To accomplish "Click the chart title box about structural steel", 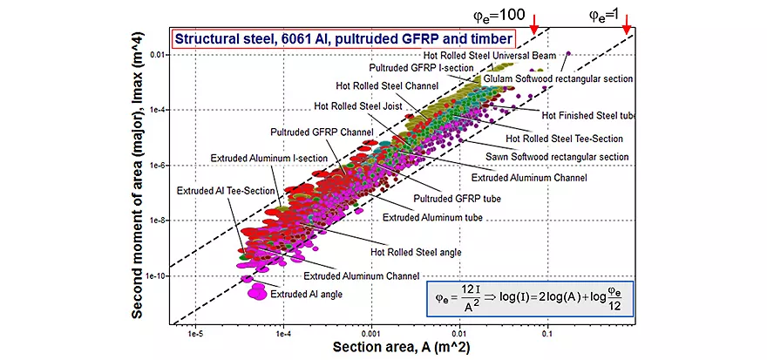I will click(x=343, y=38).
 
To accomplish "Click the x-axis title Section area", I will click(x=409, y=348).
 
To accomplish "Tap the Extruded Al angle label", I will click(x=305, y=294).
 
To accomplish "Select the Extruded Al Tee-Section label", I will click(x=227, y=189).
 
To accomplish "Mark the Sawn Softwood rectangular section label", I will click(x=567, y=157).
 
